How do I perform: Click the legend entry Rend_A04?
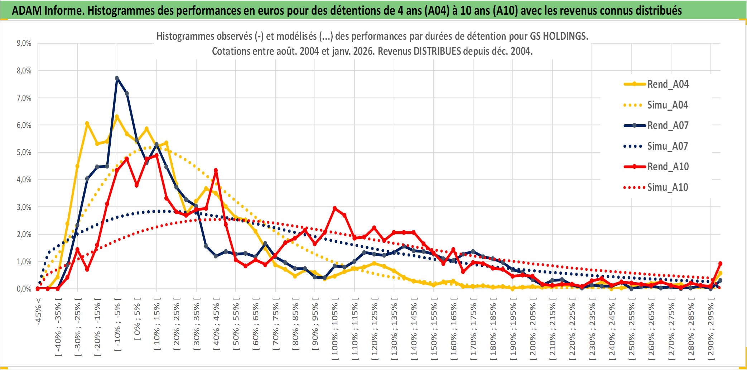668,84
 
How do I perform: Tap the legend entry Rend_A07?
668,125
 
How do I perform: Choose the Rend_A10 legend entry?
668,167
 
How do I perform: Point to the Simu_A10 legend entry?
668,187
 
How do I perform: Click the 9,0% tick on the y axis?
24,43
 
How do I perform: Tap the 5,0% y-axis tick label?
24,153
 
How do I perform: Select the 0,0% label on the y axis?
24,289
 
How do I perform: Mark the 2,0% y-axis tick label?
24,235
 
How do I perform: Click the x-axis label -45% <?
38,312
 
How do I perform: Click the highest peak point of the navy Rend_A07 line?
117,78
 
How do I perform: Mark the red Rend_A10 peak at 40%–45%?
216,170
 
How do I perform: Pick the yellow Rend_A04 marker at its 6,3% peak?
117,116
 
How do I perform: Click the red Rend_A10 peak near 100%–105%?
334,208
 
